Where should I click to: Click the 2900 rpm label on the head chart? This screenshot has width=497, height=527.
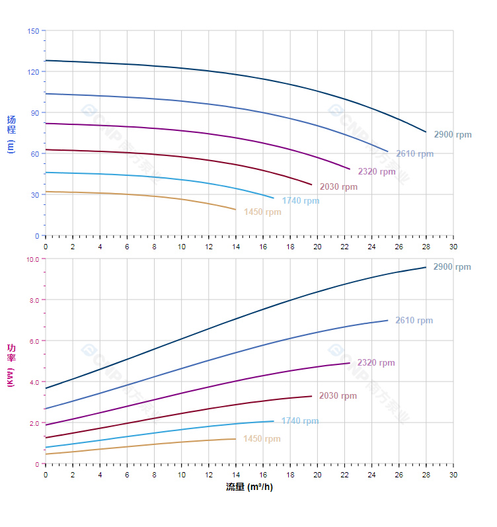pyautogui.click(x=453, y=135)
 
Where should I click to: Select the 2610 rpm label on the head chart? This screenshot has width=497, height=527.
pyautogui.click(x=414, y=154)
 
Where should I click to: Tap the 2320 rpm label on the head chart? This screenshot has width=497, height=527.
pyautogui.click(x=377, y=172)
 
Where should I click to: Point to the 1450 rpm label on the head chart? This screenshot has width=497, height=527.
pyautogui.click(x=262, y=212)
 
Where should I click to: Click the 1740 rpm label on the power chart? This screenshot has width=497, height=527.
pyautogui.click(x=299, y=421)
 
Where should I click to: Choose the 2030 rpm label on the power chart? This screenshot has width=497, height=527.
pyautogui.click(x=338, y=396)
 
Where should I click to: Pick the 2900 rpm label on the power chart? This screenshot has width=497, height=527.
pyautogui.click(x=452, y=267)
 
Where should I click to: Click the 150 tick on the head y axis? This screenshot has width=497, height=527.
pyautogui.click(x=33, y=31)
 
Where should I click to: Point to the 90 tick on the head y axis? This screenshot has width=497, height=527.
pyautogui.click(x=34, y=113)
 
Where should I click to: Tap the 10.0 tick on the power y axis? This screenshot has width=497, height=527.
pyautogui.click(x=32, y=259)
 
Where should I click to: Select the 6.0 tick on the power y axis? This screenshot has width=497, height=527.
pyautogui.click(x=34, y=341)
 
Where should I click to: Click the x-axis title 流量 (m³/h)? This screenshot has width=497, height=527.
pyautogui.click(x=249, y=487)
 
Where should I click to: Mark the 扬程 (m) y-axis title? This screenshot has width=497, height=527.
pyautogui.click(x=11, y=134)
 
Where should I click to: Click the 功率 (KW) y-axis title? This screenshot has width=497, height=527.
pyautogui.click(x=11, y=364)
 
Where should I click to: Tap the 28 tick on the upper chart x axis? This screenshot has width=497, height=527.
pyautogui.click(x=426, y=246)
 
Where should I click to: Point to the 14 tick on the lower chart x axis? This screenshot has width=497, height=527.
pyautogui.click(x=235, y=475)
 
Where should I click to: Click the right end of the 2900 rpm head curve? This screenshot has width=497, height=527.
pyautogui.click(x=426, y=132)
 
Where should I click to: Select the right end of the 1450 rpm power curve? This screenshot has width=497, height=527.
pyautogui.click(x=235, y=439)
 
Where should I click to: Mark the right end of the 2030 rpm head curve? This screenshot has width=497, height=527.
pyautogui.click(x=311, y=184)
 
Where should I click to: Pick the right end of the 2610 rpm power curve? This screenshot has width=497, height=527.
pyautogui.click(x=388, y=321)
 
